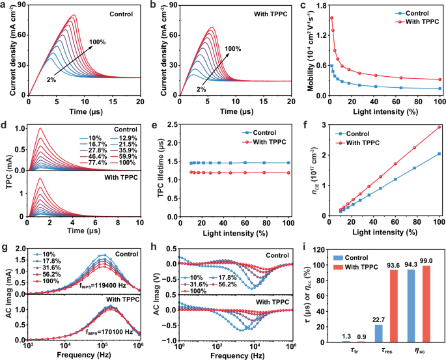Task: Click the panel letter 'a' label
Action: pos(5,7)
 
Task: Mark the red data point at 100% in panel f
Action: pos(439,127)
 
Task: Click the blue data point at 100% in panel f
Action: pos(439,154)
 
